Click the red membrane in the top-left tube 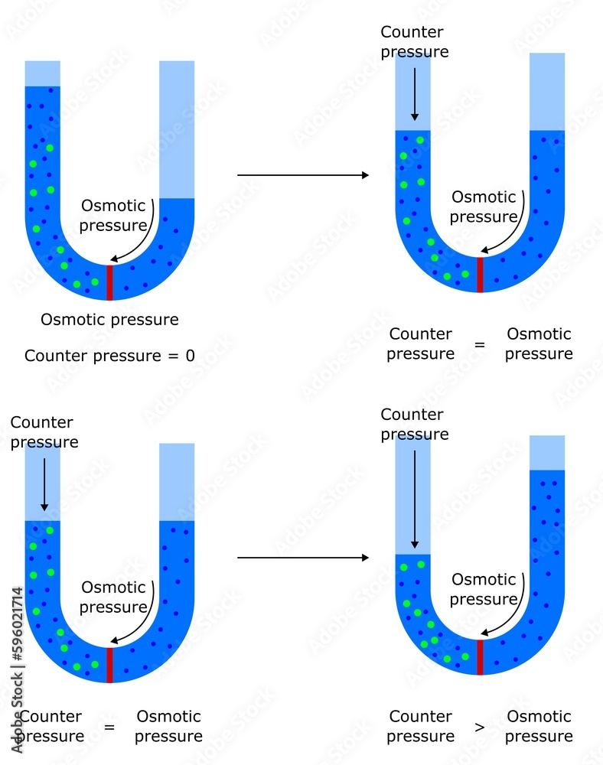pyautogui.click(x=109, y=282)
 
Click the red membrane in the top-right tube pyautogui.click(x=480, y=275)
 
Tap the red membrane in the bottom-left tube pyautogui.click(x=109, y=665)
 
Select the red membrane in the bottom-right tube pyautogui.click(x=480, y=657)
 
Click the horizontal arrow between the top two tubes pyautogui.click(x=302, y=175)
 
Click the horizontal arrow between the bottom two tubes pyautogui.click(x=302, y=558)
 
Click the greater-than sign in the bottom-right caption pyautogui.click(x=480, y=728)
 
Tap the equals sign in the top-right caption pyautogui.click(x=480, y=345)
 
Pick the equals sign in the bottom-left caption pyautogui.click(x=109, y=728)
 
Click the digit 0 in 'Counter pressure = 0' pyautogui.click(x=189, y=356)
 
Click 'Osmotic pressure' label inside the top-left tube pyautogui.click(x=113, y=215)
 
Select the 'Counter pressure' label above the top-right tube pyautogui.click(x=414, y=42)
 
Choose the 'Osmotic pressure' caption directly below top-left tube pyautogui.click(x=109, y=319)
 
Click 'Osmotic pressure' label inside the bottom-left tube pyautogui.click(x=113, y=597)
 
